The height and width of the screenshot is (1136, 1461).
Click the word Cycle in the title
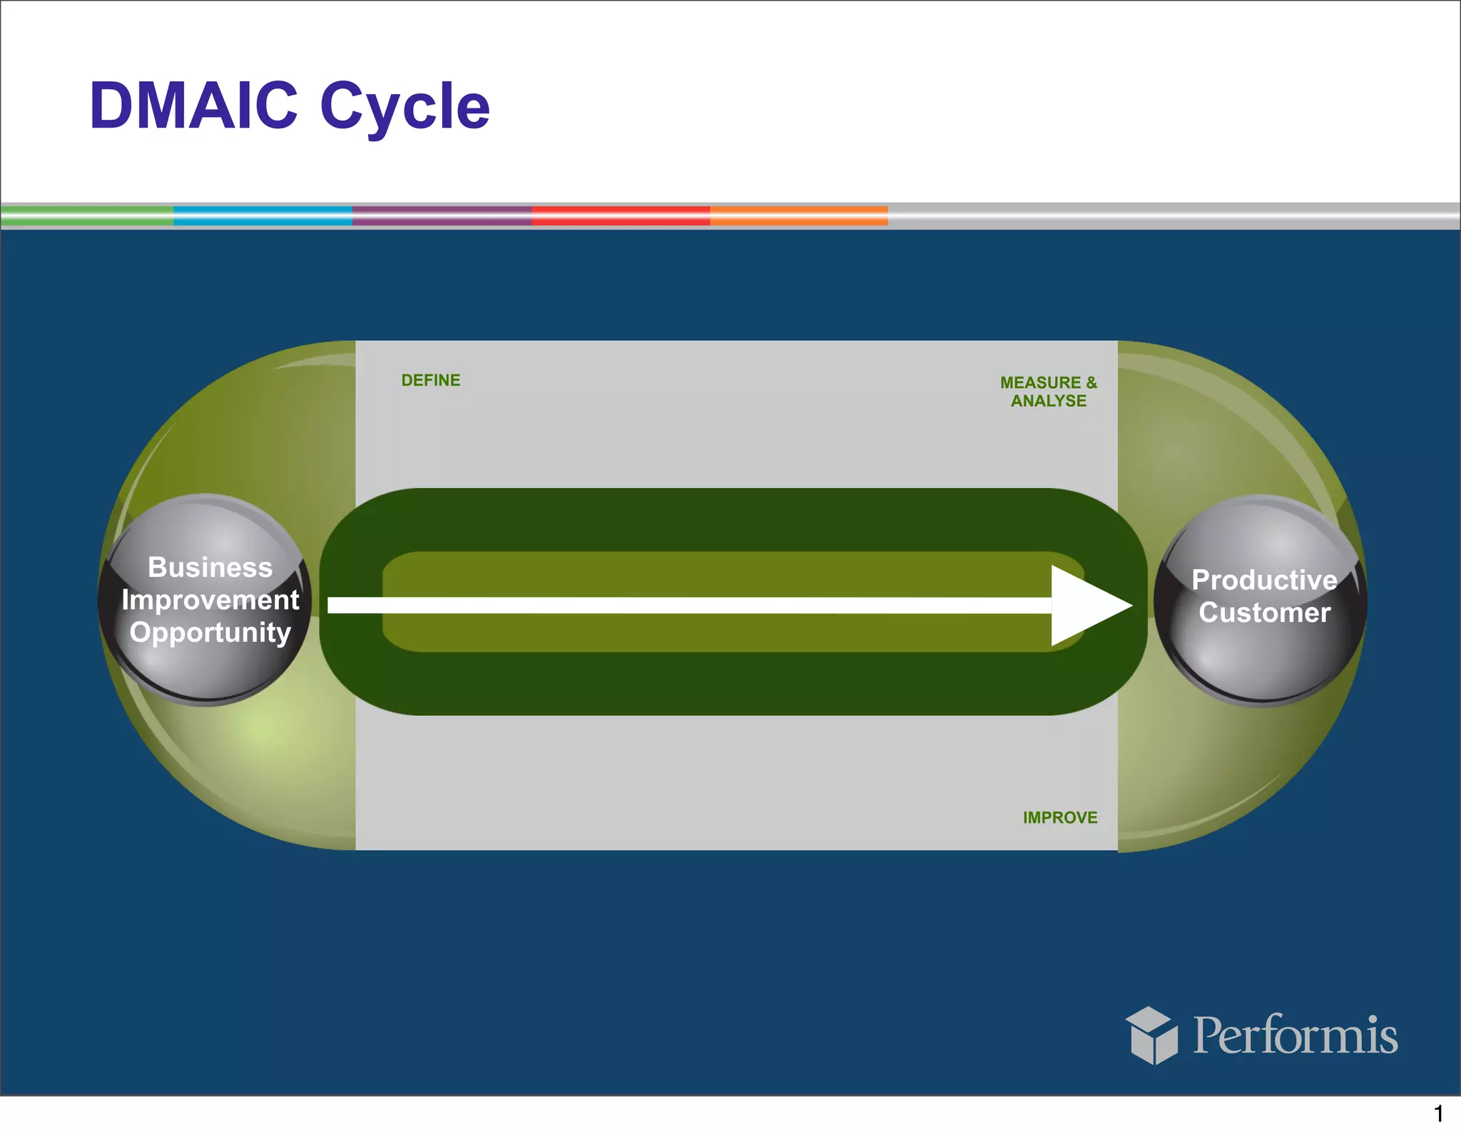(404, 107)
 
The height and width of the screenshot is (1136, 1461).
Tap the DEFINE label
(430, 380)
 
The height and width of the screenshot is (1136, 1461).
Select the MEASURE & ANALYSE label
(1048, 392)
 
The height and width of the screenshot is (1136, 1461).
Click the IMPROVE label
(1059, 817)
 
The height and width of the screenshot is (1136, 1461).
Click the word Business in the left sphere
(210, 568)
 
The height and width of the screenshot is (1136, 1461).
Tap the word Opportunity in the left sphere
(210, 633)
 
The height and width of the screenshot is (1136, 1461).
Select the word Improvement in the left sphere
(210, 600)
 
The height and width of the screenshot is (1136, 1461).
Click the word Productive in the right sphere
(1264, 580)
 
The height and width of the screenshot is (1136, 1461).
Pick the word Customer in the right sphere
(1264, 613)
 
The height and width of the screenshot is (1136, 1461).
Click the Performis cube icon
(1151, 1035)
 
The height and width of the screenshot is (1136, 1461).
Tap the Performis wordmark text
(1295, 1035)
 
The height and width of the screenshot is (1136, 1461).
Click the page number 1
(1438, 1113)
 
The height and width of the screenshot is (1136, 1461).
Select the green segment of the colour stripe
(87, 216)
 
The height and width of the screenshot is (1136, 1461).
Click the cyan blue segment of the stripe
(263, 216)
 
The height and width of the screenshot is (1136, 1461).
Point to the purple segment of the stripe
(442, 216)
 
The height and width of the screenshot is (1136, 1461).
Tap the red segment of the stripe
(621, 216)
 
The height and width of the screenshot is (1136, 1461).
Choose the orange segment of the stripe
(798, 216)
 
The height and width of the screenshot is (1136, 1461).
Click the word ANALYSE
(1048, 401)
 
